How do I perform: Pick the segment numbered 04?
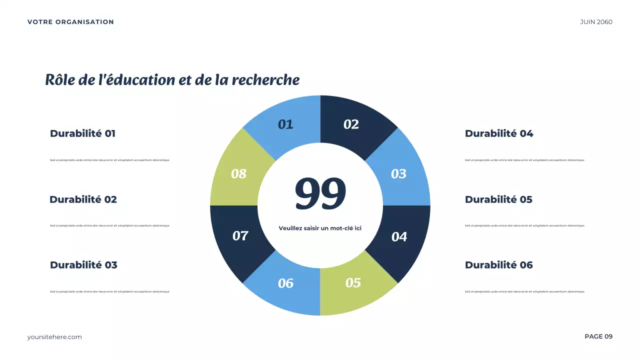(399, 236)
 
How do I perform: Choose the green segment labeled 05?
(353, 282)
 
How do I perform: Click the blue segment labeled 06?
(285, 283)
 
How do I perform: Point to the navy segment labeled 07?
(240, 235)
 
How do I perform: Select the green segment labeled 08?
(238, 173)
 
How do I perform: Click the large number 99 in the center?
(320, 193)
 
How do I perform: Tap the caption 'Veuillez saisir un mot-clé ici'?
(320, 228)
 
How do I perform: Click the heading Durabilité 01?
(82, 133)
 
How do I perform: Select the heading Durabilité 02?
(83, 199)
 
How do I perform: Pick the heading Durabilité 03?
(83, 265)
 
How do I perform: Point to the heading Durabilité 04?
(499, 133)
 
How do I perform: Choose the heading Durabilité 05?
(498, 199)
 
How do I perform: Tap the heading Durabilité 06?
(498, 265)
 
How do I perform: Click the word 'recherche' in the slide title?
(266, 80)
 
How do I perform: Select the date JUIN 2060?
(596, 22)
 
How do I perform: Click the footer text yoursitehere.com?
(54, 337)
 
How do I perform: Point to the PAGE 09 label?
(598, 336)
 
